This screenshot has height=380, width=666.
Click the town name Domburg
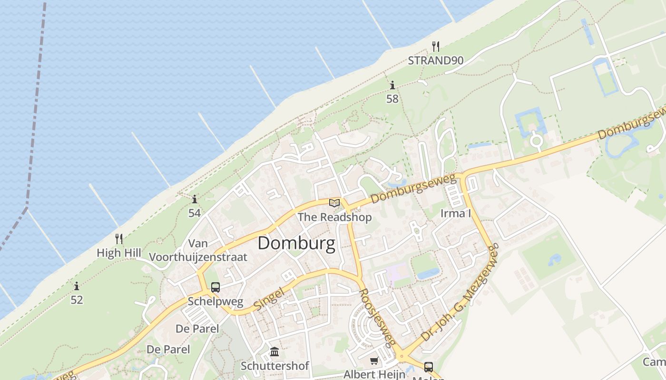[x=296, y=243]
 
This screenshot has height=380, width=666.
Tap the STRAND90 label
[x=435, y=60]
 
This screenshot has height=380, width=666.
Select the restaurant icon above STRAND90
[x=435, y=46]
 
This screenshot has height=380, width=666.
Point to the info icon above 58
[x=392, y=85]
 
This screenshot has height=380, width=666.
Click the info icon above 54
[x=194, y=199]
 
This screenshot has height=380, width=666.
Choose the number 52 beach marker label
[x=77, y=300]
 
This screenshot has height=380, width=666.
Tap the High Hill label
[x=119, y=253]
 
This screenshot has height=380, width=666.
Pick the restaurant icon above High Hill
[x=119, y=238]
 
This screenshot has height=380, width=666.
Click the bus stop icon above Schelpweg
[x=215, y=287]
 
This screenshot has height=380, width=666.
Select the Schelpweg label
[x=215, y=301]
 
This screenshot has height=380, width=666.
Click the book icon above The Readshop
[x=334, y=203]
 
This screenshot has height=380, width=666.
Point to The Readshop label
[x=334, y=217]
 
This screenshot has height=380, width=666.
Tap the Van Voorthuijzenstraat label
[x=198, y=250]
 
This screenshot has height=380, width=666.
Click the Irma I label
[x=455, y=213]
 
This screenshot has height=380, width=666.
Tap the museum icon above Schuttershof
[x=274, y=352]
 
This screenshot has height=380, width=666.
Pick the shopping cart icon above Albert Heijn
[x=374, y=361]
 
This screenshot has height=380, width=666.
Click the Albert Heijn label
[x=374, y=374]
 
